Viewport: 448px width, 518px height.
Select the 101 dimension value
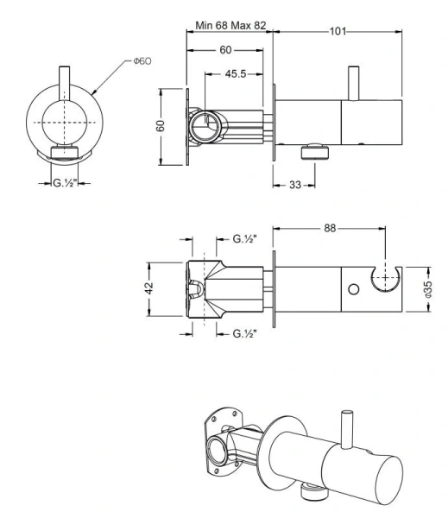[338, 31]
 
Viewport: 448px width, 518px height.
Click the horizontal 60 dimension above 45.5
[224, 50]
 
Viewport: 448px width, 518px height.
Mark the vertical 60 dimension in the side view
[161, 126]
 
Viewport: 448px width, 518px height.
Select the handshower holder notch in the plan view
[383, 279]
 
